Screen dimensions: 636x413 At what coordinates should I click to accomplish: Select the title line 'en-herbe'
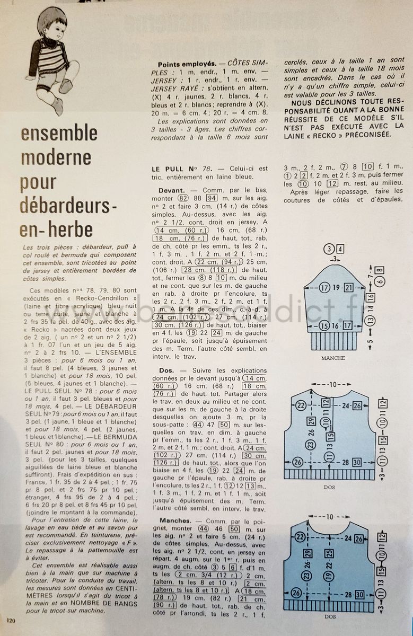[x=56, y=230]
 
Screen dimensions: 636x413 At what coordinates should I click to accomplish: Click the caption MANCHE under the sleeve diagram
[x=333, y=358]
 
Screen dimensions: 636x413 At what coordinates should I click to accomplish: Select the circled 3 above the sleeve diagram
[x=330, y=249]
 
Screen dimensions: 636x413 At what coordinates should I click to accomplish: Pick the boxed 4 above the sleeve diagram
[x=340, y=249]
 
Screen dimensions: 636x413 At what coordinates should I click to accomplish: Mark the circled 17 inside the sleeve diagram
[x=324, y=288]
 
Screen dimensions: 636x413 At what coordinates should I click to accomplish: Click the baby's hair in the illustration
[x=54, y=17]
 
